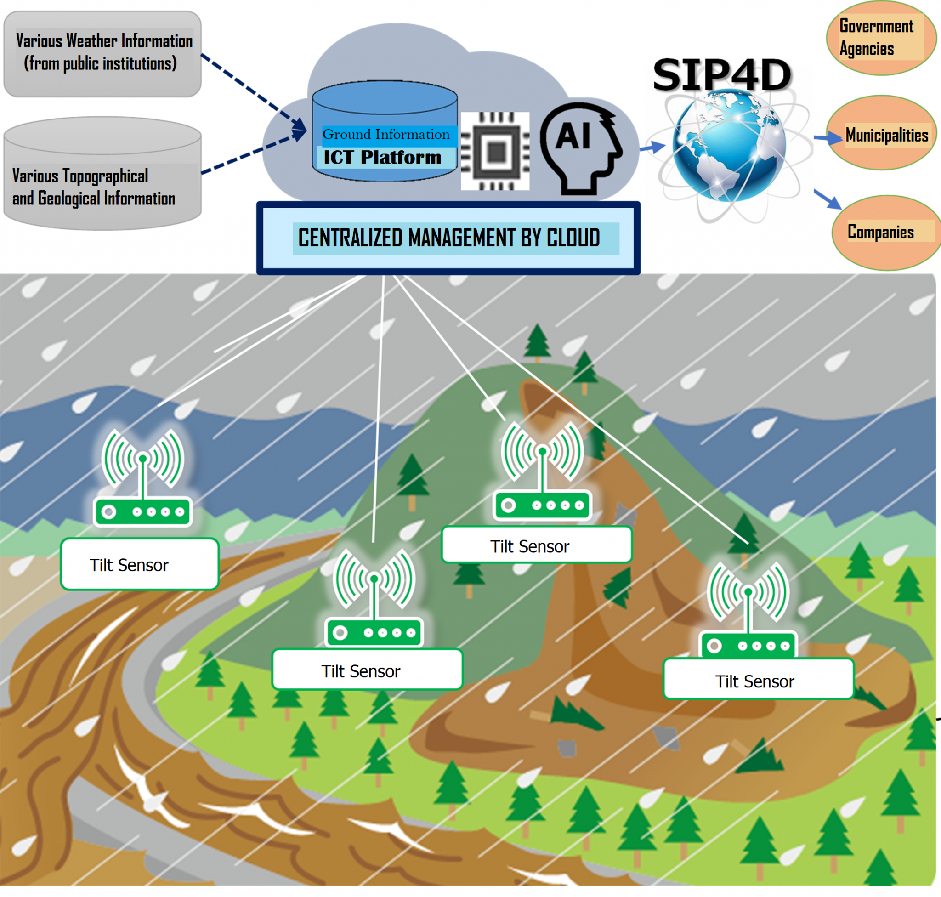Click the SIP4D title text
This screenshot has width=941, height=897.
pos(722,74)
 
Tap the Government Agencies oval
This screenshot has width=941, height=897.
pos(881,38)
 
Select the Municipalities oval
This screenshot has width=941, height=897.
pos(881,132)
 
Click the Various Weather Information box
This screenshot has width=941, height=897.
pos(102,54)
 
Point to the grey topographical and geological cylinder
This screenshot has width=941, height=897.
pos(102,174)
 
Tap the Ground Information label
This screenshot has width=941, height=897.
pos(386,134)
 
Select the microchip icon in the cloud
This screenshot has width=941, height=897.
pos(495,151)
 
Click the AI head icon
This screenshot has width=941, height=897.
pos(581,149)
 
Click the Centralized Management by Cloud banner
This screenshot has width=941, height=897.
pos(448,238)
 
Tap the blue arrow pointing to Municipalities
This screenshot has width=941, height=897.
pos(828,138)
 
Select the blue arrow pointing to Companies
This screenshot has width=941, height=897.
pos(828,199)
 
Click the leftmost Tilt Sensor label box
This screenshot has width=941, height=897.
pos(140,564)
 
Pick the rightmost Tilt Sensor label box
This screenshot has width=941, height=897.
pos(758,680)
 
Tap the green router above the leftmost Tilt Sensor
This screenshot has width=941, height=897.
pos(143,478)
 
